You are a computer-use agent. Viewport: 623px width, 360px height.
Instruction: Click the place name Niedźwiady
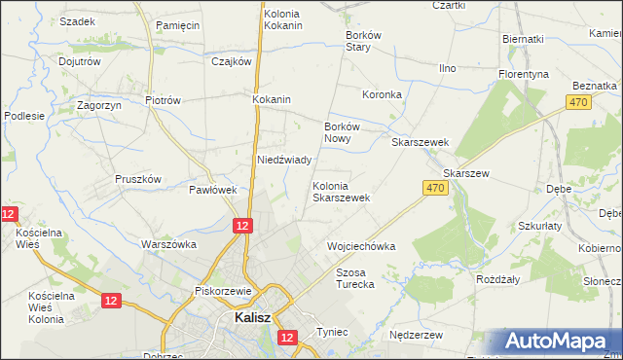pyautogui.click(x=283, y=160)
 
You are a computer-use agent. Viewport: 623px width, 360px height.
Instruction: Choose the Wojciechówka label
pyautogui.click(x=361, y=246)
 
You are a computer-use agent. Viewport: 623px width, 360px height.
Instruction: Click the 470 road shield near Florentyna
pyautogui.click(x=579, y=100)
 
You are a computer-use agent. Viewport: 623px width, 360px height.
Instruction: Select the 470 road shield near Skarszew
pyautogui.click(x=436, y=188)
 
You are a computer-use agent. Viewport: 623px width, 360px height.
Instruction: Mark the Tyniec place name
pyautogui.click(x=332, y=332)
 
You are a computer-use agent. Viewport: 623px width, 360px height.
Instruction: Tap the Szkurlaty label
pyautogui.click(x=541, y=225)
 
